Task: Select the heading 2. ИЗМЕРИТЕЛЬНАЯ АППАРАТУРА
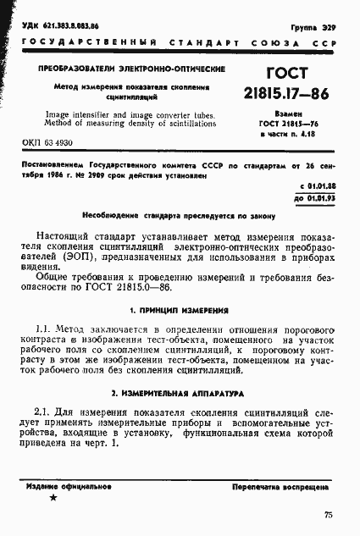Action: coord(179,394)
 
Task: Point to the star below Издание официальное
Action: coord(54,499)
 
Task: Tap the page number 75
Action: coord(328,515)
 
